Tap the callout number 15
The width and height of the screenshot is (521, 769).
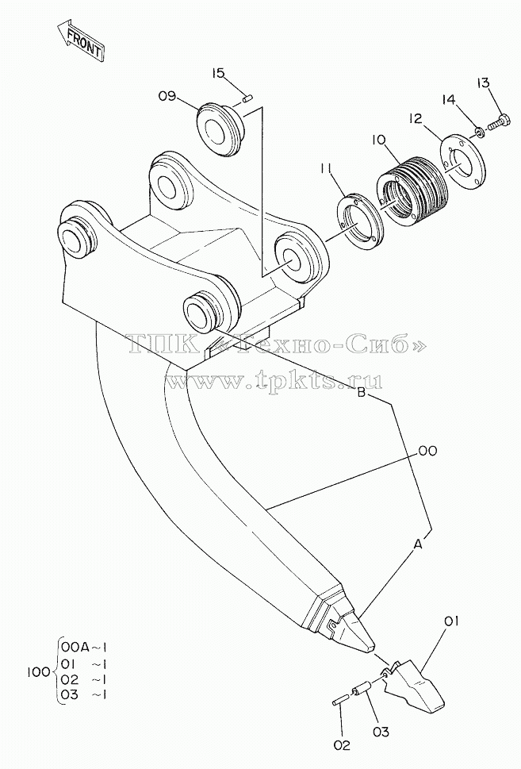[219, 73]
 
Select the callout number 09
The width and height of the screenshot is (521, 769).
[167, 96]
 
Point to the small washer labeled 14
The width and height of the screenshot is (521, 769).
[480, 131]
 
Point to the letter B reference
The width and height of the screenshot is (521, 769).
[362, 393]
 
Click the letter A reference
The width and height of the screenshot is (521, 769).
[418, 544]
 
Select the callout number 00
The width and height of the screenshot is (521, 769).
[427, 451]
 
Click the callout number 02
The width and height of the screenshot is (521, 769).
[342, 745]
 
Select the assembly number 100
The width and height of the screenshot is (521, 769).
[37, 671]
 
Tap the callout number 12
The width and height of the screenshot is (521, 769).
[416, 119]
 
